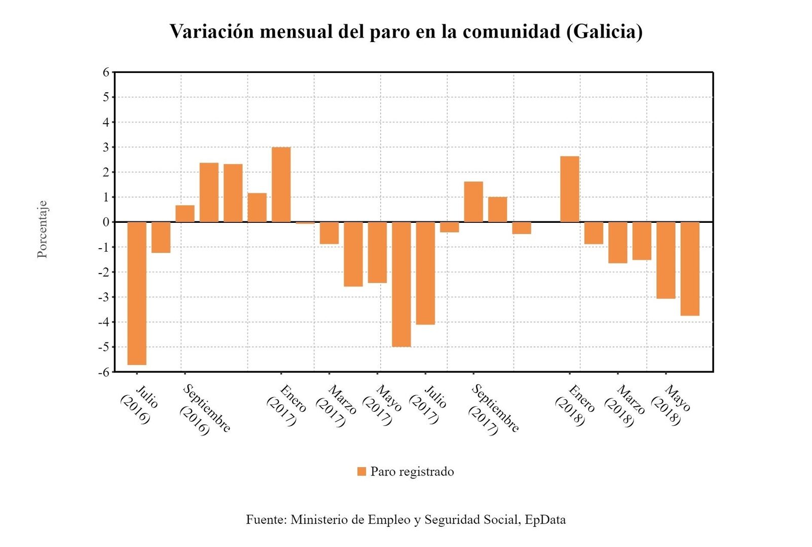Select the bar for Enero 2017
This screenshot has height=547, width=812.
(281, 184)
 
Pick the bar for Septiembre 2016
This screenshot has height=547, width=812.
(185, 213)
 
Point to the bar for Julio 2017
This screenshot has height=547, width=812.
(425, 273)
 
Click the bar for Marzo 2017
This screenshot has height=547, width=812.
(329, 233)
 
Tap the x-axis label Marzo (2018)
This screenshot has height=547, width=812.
(624, 406)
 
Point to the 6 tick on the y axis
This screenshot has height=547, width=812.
(106, 72)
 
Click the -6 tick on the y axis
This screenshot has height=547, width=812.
(104, 372)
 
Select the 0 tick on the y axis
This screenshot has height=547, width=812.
(106, 222)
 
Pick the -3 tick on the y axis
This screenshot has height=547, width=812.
(104, 297)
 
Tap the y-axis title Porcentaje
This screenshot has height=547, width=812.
(43, 229)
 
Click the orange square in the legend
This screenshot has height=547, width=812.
(361, 472)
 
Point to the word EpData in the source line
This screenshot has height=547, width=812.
(545, 520)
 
